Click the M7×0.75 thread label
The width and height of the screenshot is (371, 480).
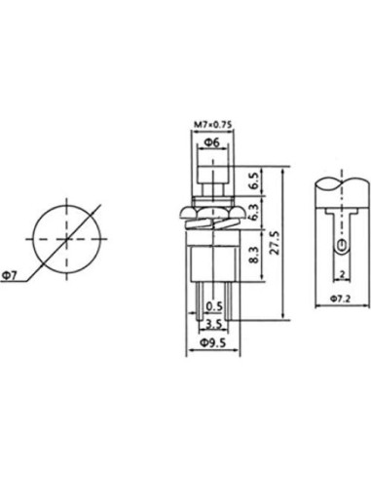[x=210, y=125]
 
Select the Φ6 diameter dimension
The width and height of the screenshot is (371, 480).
[x=209, y=143]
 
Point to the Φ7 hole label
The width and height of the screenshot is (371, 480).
[x=9, y=276]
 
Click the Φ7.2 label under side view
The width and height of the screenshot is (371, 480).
[x=340, y=297]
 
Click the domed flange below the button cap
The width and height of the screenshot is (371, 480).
[x=209, y=212]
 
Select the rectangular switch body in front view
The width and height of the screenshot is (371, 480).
[x=209, y=258]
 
